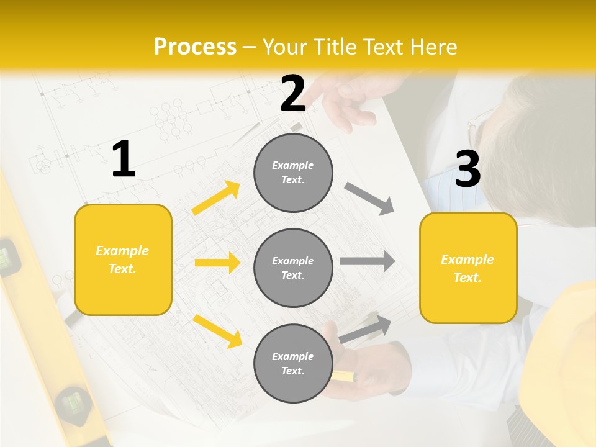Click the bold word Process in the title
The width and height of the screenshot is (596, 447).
195,47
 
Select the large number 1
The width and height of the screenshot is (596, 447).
124,160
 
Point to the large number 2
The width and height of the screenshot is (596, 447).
293,94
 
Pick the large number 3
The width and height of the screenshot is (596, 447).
467,169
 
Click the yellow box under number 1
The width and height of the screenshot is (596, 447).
123,260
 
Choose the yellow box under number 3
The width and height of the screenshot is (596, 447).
468,268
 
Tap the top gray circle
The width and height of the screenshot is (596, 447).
293,173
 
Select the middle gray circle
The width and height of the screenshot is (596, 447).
293,268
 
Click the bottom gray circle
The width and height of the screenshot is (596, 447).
293,363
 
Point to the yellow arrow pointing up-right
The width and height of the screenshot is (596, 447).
216,198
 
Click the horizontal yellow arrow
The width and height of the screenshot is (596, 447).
217,263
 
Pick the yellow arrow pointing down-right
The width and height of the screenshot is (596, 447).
217,330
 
